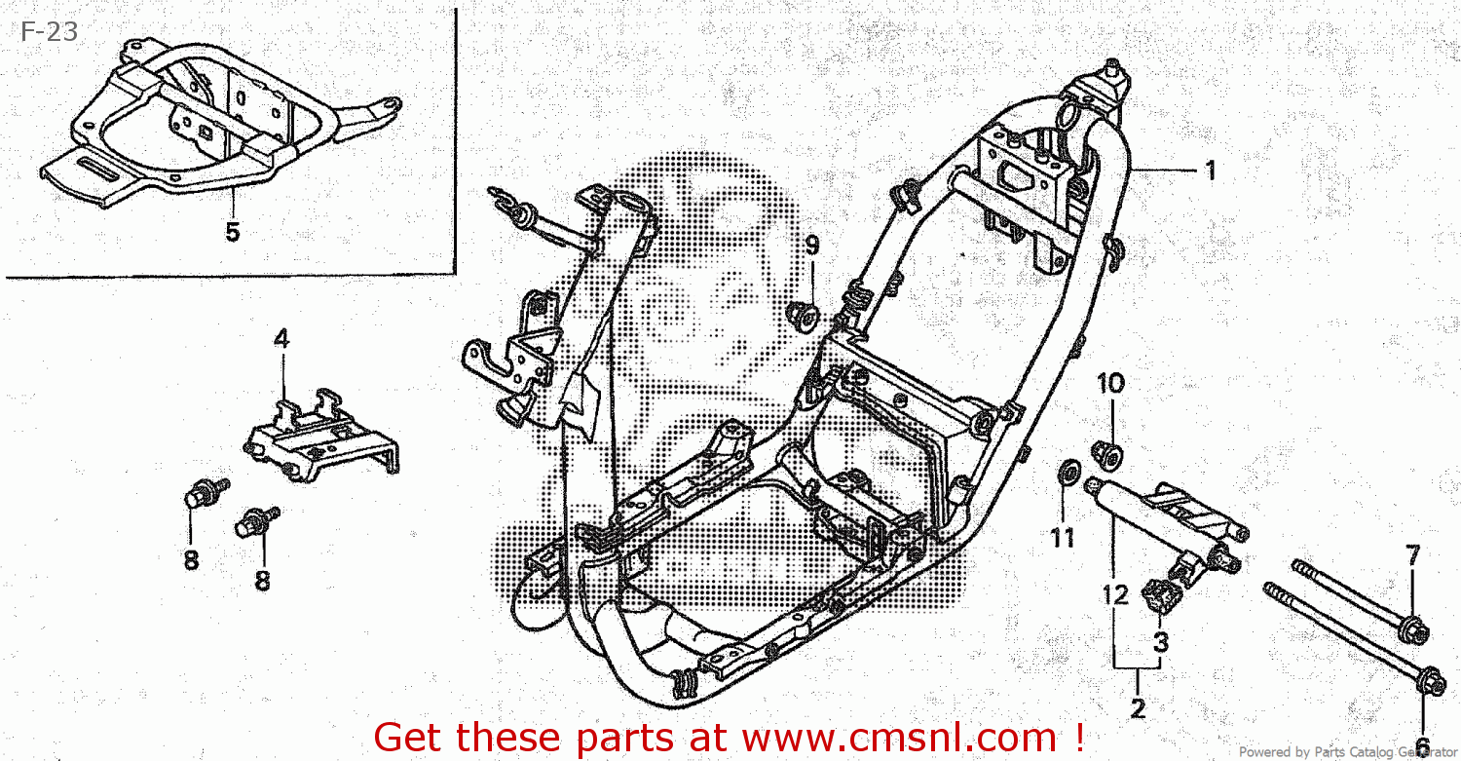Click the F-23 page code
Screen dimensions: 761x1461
coord(49,32)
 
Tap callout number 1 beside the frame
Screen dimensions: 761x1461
coord(1210,171)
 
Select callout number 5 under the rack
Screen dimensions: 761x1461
coord(232,232)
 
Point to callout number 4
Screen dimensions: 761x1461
coord(281,339)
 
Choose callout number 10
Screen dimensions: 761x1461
coord(1110,383)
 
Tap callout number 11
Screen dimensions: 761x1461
coord(1062,537)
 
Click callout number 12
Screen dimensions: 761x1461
coord(1116,593)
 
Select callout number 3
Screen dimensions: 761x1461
coord(1161,642)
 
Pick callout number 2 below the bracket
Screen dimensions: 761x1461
coord(1138,708)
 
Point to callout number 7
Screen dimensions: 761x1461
coord(1412,557)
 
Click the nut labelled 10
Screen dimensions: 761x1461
coord(1106,451)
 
